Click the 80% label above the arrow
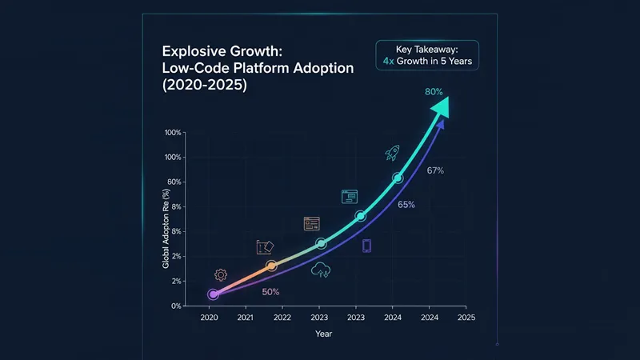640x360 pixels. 434,92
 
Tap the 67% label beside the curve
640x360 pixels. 435,170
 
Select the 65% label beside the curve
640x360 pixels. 406,205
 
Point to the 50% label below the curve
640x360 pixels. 271,291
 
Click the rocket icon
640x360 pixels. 392,152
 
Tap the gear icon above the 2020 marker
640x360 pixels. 220,275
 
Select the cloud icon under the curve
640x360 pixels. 322,270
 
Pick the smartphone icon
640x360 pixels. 366,246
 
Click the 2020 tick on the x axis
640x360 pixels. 209,318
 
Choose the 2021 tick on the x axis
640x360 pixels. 246,318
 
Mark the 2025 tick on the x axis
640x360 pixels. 466,318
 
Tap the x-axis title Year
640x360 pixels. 323,334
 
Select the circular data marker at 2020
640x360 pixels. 213,294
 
